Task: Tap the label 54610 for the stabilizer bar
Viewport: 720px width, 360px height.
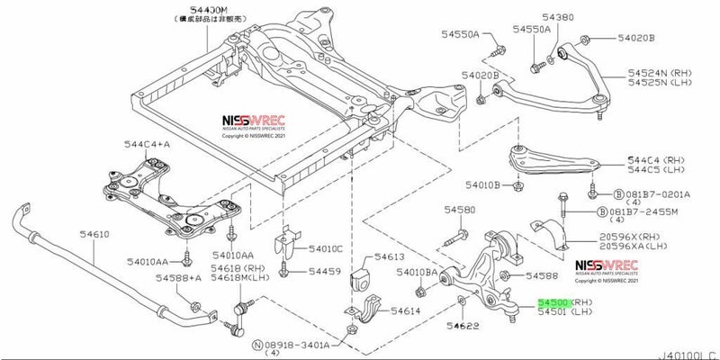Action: coord(93,234)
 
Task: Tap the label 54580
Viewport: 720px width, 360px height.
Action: coord(459,210)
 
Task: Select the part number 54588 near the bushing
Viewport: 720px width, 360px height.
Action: coord(544,275)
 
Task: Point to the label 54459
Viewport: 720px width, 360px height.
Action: coord(324,270)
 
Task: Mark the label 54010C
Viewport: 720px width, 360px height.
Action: coord(325,247)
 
